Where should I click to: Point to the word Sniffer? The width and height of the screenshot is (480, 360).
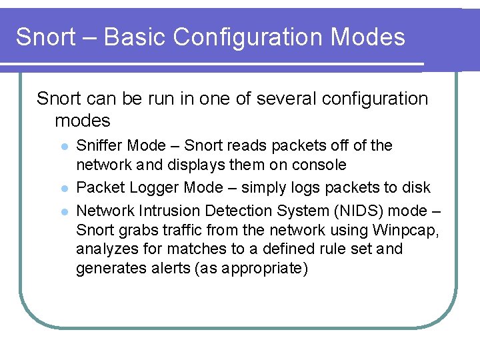[x=100, y=145]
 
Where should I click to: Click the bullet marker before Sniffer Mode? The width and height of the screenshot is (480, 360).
[x=64, y=146]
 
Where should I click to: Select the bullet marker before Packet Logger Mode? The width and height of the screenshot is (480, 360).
[x=64, y=189]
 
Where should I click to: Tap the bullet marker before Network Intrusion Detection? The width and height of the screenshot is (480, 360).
[x=64, y=211]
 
